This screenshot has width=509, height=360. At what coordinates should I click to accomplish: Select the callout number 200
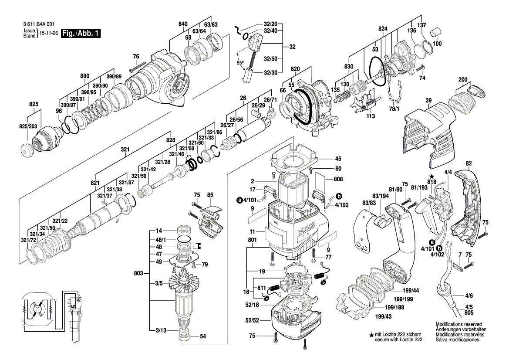[463, 79]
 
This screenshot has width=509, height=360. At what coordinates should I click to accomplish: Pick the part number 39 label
[428, 101]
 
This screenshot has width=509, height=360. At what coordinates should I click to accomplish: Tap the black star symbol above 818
[431, 176]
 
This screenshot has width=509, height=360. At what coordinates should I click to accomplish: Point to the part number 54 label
[202, 336]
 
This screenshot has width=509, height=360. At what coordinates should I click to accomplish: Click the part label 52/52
[252, 320]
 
